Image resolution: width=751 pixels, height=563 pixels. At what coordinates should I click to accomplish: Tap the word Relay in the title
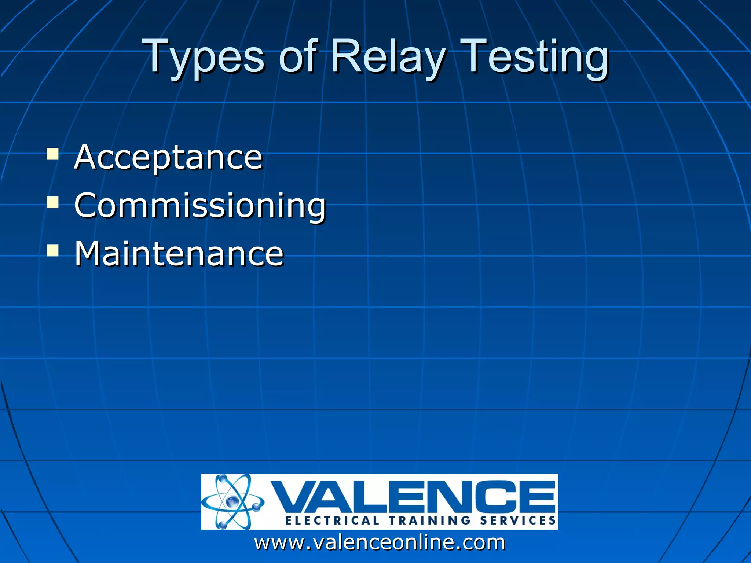[388, 57]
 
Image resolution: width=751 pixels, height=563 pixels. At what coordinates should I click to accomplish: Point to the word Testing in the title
[534, 57]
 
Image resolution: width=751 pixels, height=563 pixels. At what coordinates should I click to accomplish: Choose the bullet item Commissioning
[200, 205]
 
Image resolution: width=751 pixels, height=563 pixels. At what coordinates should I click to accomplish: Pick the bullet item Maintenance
[179, 253]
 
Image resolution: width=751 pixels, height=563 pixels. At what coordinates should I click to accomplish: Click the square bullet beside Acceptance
[53, 154]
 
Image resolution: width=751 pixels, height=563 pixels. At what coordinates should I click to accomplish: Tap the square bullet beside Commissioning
[53, 202]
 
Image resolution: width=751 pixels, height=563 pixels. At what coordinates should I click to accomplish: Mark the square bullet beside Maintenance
[53, 250]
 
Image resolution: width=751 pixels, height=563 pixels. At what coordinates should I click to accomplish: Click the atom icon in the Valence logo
[232, 501]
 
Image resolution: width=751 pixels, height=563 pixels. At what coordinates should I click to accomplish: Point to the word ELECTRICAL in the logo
[332, 520]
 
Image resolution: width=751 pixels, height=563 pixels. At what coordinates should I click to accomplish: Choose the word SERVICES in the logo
[518, 520]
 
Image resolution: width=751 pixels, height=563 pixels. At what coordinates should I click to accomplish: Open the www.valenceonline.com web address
[380, 542]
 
